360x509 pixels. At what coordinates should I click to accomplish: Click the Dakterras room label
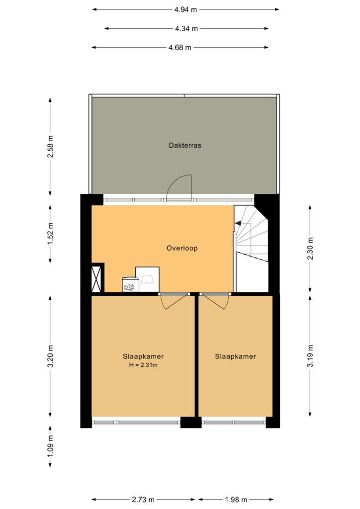185,146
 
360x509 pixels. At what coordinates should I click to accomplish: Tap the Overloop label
182,249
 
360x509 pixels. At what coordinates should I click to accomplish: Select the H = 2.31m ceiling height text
143,365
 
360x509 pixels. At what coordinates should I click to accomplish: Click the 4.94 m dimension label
185,9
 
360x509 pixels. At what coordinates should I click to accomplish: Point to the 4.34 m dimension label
186,28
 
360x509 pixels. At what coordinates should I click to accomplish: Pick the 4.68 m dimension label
180,48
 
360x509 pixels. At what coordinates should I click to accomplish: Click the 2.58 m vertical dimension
50,147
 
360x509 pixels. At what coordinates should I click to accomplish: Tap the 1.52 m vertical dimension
50,234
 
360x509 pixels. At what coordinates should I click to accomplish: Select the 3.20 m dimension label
50,356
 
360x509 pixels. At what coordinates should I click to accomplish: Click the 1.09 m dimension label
50,447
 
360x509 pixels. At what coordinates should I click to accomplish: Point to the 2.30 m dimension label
310,249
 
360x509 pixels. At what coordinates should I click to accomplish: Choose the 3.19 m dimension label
310,356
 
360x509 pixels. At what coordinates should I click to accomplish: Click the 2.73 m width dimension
143,499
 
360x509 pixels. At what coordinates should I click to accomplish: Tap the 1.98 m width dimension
236,499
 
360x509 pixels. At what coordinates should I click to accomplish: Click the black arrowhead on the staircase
238,223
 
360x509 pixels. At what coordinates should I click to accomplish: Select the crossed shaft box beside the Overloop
97,279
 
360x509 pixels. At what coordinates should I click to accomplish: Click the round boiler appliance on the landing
130,285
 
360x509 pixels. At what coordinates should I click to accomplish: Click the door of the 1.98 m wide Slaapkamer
214,301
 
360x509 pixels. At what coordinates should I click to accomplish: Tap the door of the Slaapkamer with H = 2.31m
175,301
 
